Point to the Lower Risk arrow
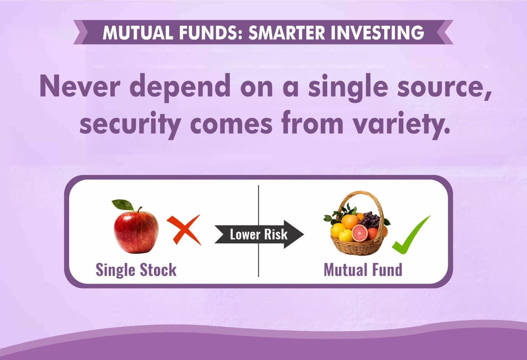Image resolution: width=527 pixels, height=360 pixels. click(259, 234)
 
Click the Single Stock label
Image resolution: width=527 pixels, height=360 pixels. click(136, 270)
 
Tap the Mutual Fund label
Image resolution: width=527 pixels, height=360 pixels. click(363, 270)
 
